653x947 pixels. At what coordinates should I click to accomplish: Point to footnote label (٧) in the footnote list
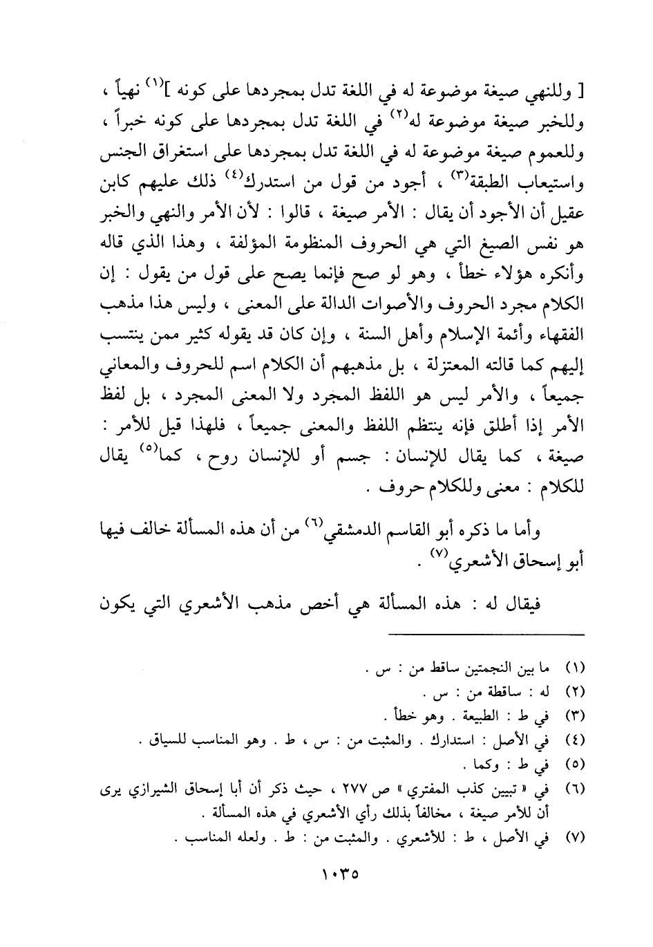[575, 837]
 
